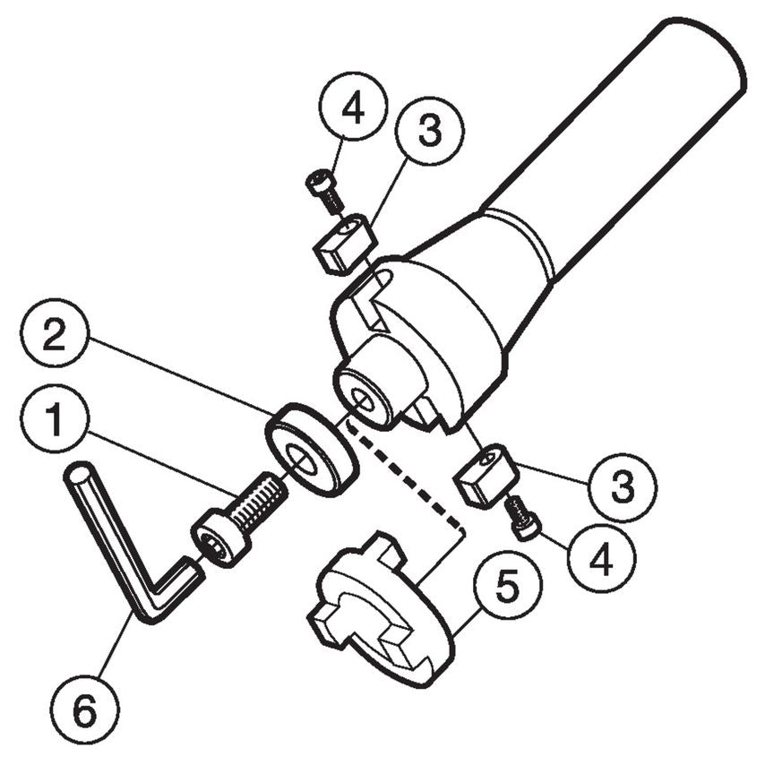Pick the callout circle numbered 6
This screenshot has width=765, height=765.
click(x=82, y=713)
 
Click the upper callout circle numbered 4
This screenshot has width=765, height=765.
click(x=352, y=107)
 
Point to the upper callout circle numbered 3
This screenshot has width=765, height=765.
click(x=429, y=133)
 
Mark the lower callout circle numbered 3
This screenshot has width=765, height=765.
click(x=622, y=487)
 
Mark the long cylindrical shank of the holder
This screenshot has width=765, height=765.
click(x=618, y=152)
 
